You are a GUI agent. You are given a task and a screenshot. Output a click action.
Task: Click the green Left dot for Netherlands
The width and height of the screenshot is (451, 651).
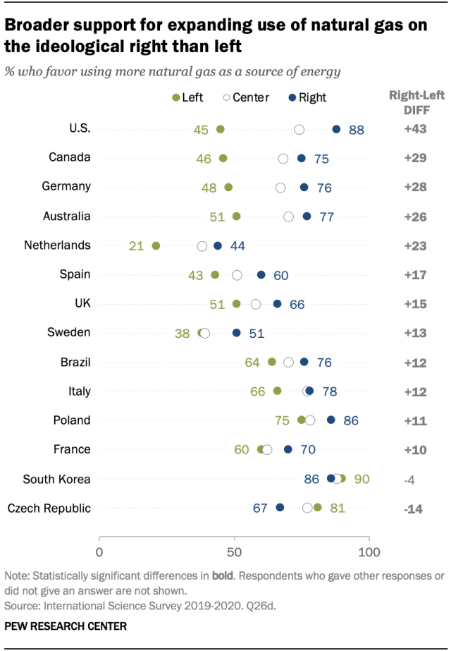point(156,246)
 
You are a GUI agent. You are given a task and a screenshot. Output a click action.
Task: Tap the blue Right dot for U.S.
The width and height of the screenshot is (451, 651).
point(336,129)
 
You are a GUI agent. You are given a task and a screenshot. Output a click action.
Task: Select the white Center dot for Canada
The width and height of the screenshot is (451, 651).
point(283,159)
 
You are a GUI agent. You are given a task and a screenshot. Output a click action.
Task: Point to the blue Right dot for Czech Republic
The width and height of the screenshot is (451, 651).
point(280,507)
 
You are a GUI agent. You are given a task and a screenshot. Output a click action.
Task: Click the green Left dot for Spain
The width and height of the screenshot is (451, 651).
point(215,275)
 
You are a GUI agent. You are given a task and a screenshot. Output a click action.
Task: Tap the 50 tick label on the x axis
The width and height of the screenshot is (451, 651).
point(234,551)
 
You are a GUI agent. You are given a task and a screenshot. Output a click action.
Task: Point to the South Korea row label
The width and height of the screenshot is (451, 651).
point(56,479)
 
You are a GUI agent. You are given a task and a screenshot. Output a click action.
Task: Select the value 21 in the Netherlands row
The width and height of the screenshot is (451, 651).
point(137,246)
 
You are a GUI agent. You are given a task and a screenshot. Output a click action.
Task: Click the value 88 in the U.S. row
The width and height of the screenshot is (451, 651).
point(357,130)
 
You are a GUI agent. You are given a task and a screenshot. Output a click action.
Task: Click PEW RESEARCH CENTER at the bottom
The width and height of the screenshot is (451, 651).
point(55,626)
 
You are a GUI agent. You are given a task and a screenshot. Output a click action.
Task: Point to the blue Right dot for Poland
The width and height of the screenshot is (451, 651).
point(331,420)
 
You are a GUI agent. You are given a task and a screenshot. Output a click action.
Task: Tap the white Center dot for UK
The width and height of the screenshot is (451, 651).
point(256,304)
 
